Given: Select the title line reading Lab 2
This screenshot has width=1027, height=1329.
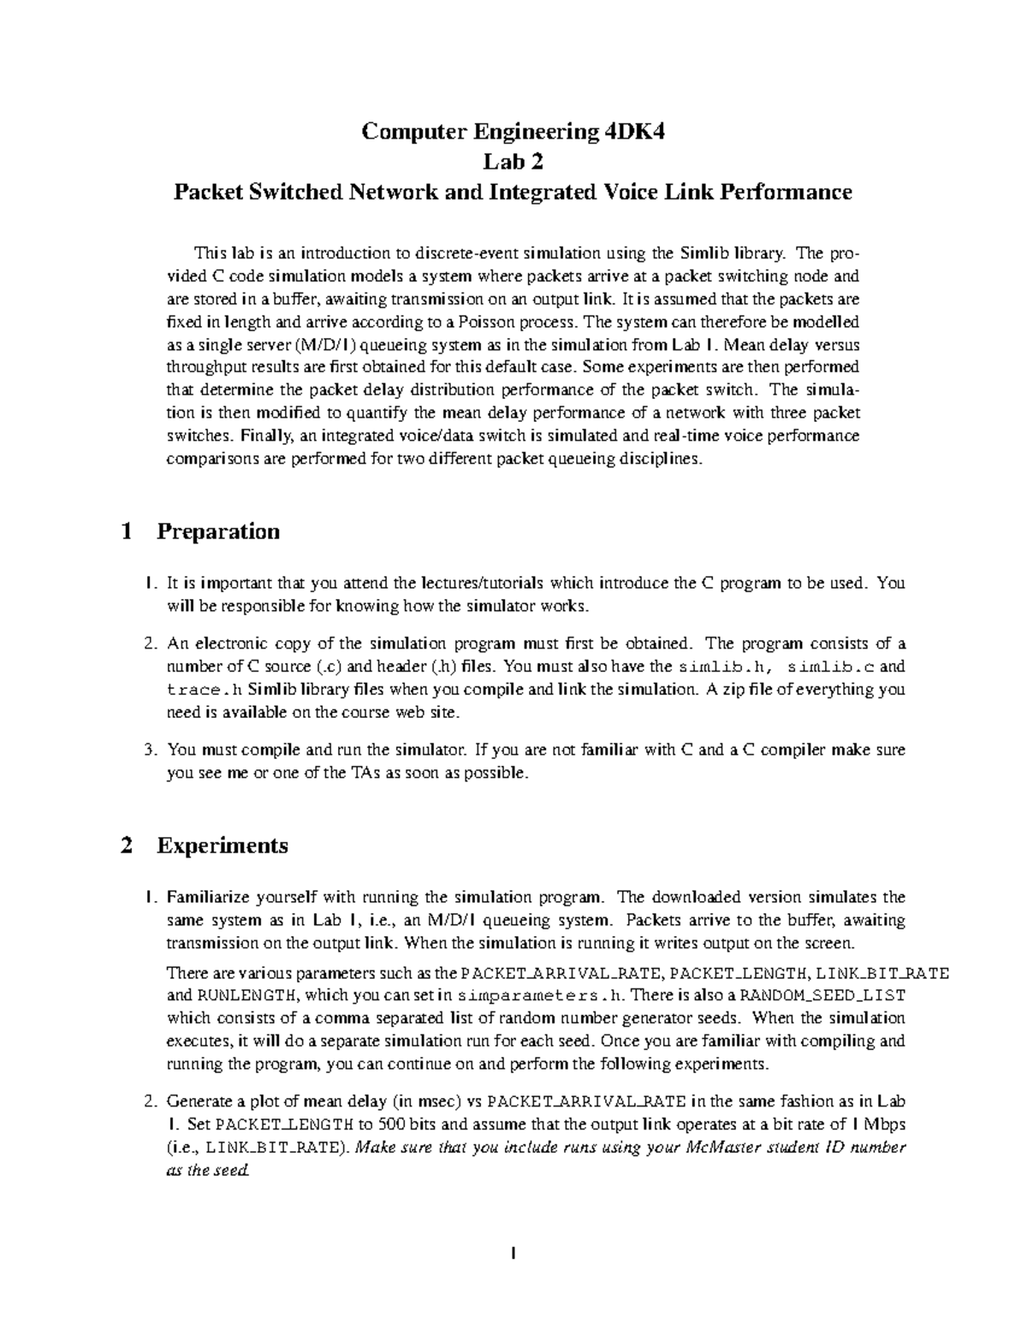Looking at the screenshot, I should click(513, 162).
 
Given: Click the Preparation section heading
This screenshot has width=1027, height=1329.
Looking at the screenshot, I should click(218, 531).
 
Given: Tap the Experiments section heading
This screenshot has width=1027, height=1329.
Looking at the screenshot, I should click(223, 845).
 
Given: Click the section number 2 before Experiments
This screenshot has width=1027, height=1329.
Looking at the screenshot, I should click(127, 845).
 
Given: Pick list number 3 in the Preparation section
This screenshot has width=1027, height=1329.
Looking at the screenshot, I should click(149, 750).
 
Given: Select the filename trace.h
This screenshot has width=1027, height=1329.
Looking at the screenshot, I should click(199, 689).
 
